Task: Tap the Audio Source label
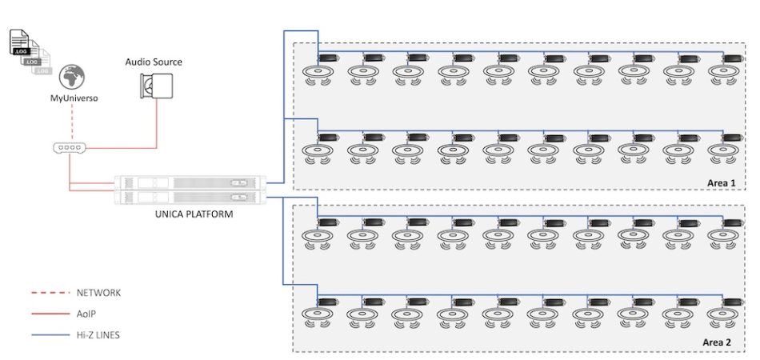(x=154, y=62)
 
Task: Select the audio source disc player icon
(x=157, y=86)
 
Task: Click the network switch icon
(x=70, y=148)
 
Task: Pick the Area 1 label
(x=720, y=183)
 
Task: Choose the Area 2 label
(x=718, y=342)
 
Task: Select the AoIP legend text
(x=87, y=314)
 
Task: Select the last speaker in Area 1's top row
(x=724, y=74)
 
